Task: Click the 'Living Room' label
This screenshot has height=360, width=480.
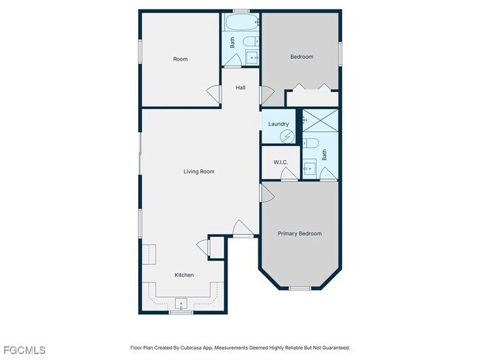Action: click(199, 172)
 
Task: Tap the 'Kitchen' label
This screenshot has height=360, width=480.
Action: click(184, 275)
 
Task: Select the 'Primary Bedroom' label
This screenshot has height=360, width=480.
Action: click(300, 234)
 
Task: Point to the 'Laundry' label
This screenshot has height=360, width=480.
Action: click(278, 124)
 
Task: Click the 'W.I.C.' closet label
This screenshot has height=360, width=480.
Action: click(280, 162)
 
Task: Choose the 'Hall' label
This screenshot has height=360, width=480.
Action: click(241, 88)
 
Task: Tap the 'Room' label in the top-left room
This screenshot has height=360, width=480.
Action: click(180, 59)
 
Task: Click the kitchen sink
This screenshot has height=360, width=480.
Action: click(180, 302)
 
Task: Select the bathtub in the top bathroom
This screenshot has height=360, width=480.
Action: click(240, 23)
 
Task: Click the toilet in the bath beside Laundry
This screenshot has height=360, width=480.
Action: click(311, 142)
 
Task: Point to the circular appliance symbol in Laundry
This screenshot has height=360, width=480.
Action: click(289, 136)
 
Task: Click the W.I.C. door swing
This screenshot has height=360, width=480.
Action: click(288, 174)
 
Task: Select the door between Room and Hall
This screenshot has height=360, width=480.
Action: click(213, 95)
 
